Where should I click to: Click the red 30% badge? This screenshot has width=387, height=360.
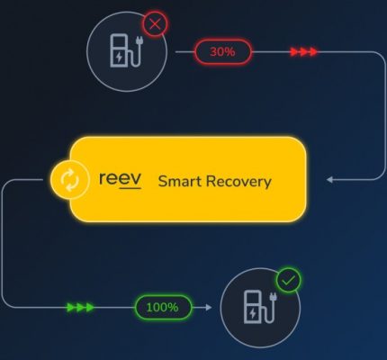click(x=222, y=52)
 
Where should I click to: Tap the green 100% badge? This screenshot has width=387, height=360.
click(x=163, y=307)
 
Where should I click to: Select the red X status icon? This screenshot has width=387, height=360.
click(x=155, y=24)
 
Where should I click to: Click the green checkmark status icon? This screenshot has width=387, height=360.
click(x=288, y=280)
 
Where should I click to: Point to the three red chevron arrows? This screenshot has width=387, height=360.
click(x=303, y=52)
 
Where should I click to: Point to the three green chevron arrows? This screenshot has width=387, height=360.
click(x=80, y=307)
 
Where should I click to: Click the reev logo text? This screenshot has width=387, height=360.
click(x=120, y=180)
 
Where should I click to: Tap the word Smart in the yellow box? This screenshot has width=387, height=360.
click(x=180, y=181)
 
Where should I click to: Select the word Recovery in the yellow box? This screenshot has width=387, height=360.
click(x=238, y=182)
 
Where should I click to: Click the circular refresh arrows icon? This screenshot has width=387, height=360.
click(x=69, y=180)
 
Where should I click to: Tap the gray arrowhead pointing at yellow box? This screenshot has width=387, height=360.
click(x=329, y=180)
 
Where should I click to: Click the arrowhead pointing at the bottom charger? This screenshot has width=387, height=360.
click(x=209, y=307)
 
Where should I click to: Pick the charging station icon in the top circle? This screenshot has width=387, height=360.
click(x=126, y=50)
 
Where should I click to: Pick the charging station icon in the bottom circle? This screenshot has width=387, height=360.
click(x=260, y=307)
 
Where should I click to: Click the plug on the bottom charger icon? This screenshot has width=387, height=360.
click(x=273, y=297)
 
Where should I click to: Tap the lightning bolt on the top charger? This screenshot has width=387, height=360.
click(x=120, y=57)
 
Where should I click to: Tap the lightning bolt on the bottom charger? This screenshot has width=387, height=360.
click(x=253, y=314)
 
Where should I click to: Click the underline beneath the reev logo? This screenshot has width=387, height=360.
click(x=130, y=188)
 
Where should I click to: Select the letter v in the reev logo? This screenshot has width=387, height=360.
click(x=136, y=179)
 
